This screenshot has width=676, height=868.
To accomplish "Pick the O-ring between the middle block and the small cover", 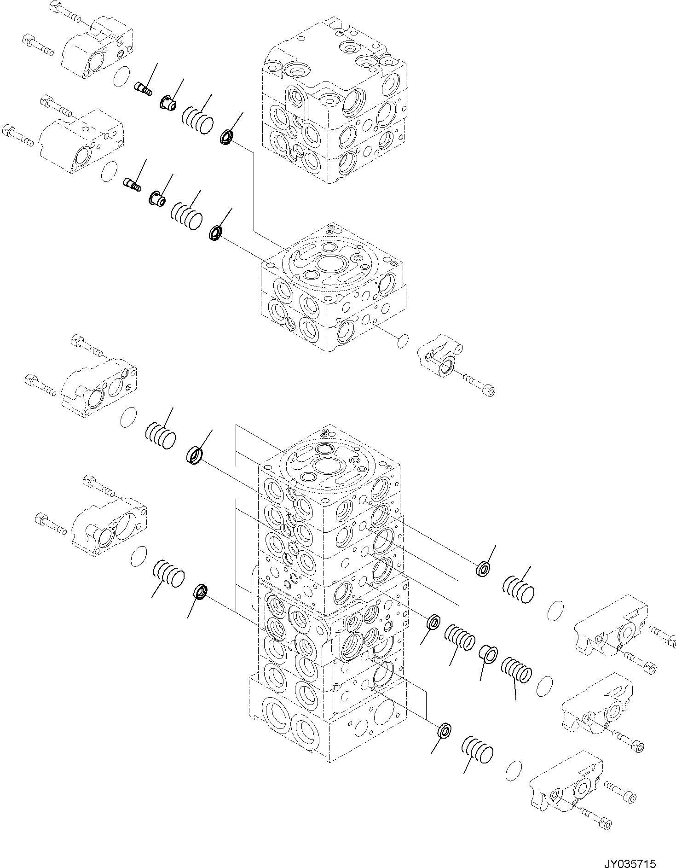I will [x=402, y=341].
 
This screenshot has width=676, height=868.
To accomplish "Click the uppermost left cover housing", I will [x=99, y=48].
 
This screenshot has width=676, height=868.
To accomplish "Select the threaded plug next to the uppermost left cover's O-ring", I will [x=144, y=88].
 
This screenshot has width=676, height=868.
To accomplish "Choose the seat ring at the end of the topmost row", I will [x=227, y=137].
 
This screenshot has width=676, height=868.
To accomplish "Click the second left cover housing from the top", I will [x=81, y=140].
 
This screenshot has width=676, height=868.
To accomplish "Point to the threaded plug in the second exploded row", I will [x=133, y=184].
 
